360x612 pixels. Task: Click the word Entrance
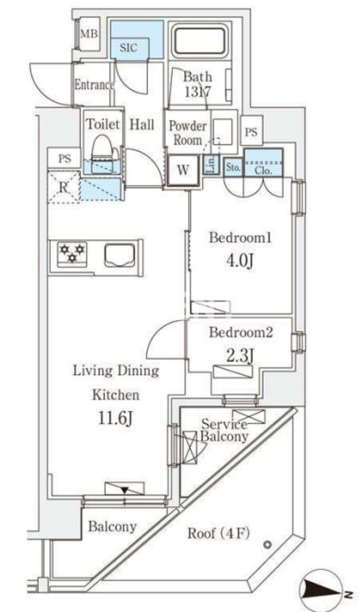[x=93, y=85]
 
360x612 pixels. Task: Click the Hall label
[x=142, y=125]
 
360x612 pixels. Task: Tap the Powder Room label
[x=187, y=132]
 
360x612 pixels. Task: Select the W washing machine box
[x=182, y=170]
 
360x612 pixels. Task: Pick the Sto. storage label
[x=233, y=169]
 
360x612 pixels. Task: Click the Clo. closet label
[x=264, y=170]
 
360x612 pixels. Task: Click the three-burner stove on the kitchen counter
[x=72, y=253]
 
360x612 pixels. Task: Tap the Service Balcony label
[x=224, y=430]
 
